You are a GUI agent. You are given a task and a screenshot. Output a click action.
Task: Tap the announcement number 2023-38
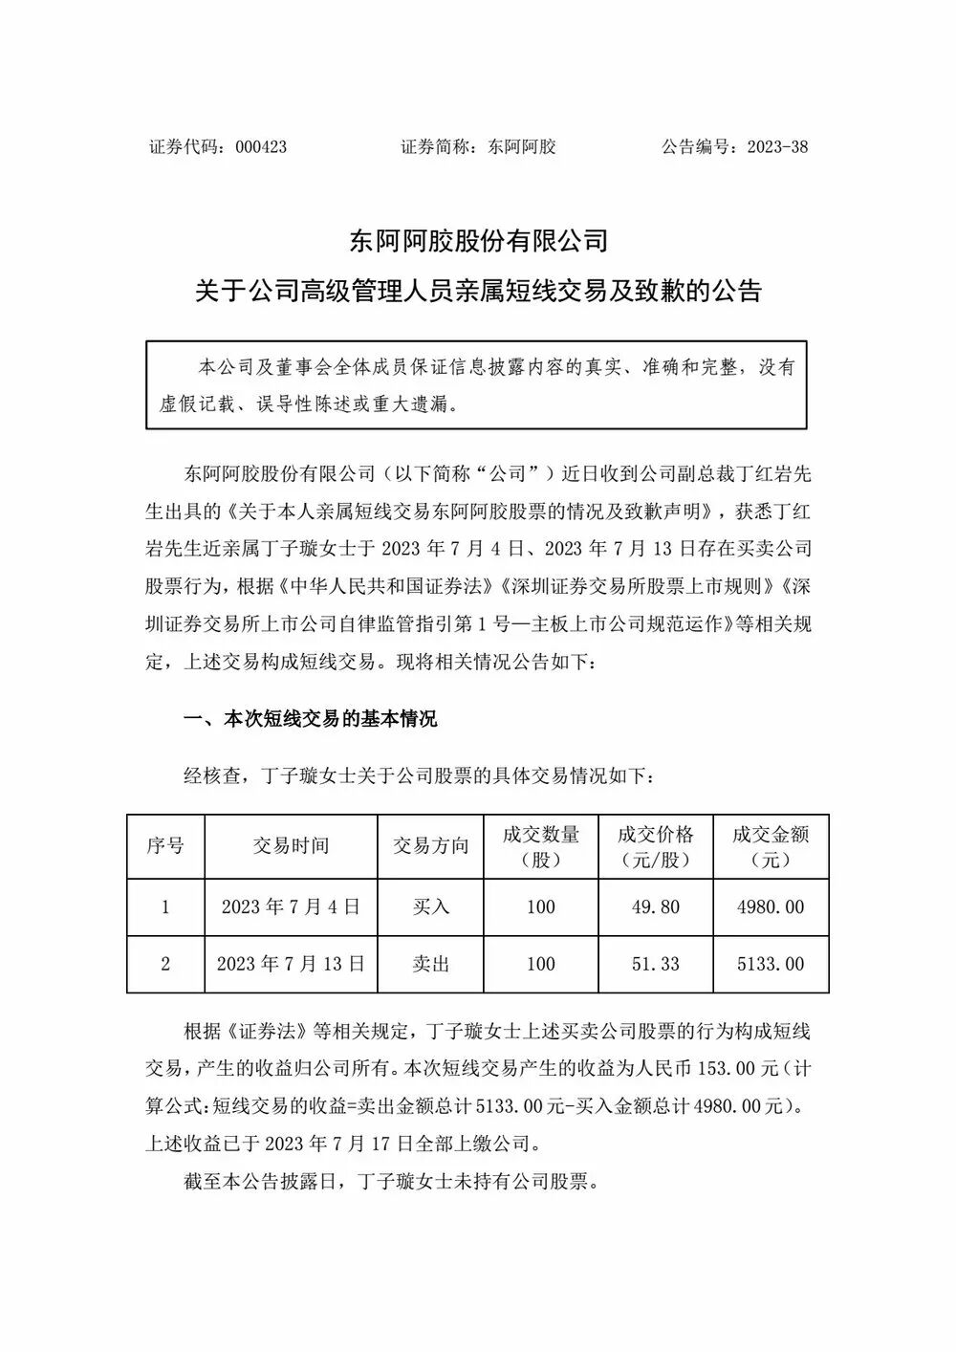(x=776, y=147)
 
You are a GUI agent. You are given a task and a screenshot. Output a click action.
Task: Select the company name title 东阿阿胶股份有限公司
(x=478, y=240)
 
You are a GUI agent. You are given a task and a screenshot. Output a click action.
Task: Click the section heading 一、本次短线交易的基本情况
(x=310, y=719)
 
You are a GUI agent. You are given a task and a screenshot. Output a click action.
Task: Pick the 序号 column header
(x=165, y=846)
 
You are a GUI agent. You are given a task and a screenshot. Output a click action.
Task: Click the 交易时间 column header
(x=291, y=846)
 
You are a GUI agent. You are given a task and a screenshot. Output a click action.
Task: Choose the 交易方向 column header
(x=431, y=846)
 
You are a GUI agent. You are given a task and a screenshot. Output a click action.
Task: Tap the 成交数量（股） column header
(x=541, y=846)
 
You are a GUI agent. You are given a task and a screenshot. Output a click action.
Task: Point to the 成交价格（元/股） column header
(x=656, y=846)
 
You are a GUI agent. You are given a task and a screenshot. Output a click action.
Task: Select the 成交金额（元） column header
(x=771, y=846)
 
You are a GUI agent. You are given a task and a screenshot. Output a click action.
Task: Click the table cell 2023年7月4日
(x=291, y=906)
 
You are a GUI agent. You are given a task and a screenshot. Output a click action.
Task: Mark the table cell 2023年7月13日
(x=291, y=964)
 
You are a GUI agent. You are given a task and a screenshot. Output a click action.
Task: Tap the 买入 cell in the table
(x=431, y=906)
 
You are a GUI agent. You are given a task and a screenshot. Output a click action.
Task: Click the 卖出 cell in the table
(x=431, y=964)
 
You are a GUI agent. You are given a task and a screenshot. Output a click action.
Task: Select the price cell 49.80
(x=656, y=906)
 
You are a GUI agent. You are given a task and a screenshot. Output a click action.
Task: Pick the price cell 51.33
(x=656, y=964)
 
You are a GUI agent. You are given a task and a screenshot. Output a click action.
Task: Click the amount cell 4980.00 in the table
(x=771, y=906)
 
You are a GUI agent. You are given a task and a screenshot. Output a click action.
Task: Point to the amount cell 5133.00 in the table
(x=771, y=964)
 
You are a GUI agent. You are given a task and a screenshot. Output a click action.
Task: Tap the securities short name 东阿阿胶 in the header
(x=522, y=147)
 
